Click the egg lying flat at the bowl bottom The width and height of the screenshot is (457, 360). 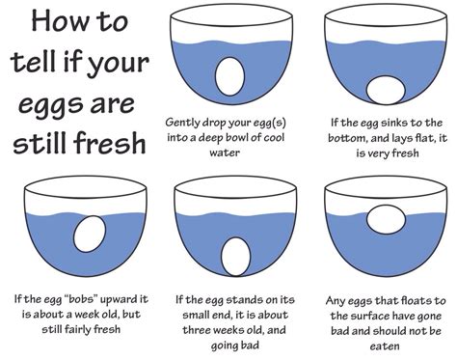386,91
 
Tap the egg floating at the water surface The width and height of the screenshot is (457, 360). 386,220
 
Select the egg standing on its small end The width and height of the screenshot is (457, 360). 235,257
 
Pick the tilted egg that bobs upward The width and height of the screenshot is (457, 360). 90,234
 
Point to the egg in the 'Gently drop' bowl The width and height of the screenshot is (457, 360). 229,76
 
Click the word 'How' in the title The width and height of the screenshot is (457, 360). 57,21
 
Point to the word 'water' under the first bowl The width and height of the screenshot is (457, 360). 225,152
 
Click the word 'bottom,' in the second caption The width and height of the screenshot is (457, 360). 347,138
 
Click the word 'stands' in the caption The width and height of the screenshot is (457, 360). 241,300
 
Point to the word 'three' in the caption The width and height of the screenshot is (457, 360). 197,330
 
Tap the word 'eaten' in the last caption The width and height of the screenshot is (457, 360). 385,346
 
